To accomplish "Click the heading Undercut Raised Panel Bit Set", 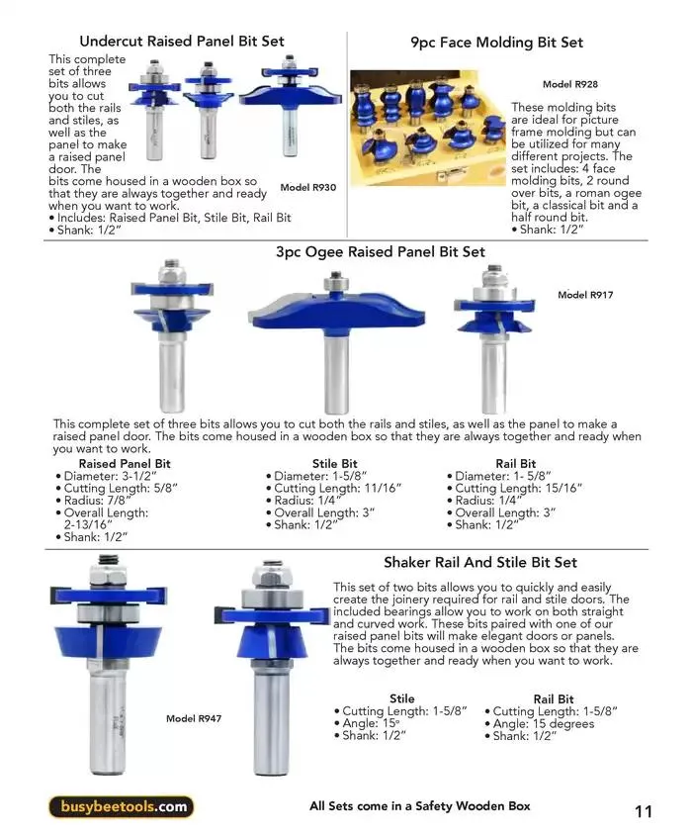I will (181, 42).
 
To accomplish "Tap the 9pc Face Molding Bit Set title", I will (496, 43).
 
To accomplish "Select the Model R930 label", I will (307, 187).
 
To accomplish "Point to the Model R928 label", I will (569, 85).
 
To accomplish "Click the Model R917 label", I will (585, 295).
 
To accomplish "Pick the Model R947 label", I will (193, 718).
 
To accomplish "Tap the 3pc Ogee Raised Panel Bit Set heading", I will (380, 252).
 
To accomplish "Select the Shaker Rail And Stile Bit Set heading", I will (480, 562).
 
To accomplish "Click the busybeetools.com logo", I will (121, 806).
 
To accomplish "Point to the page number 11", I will (644, 812).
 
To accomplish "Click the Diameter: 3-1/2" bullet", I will (109, 476).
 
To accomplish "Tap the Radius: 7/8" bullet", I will (97, 501).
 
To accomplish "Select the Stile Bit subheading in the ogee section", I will (334, 463).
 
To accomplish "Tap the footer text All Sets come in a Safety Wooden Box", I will (420, 806).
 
